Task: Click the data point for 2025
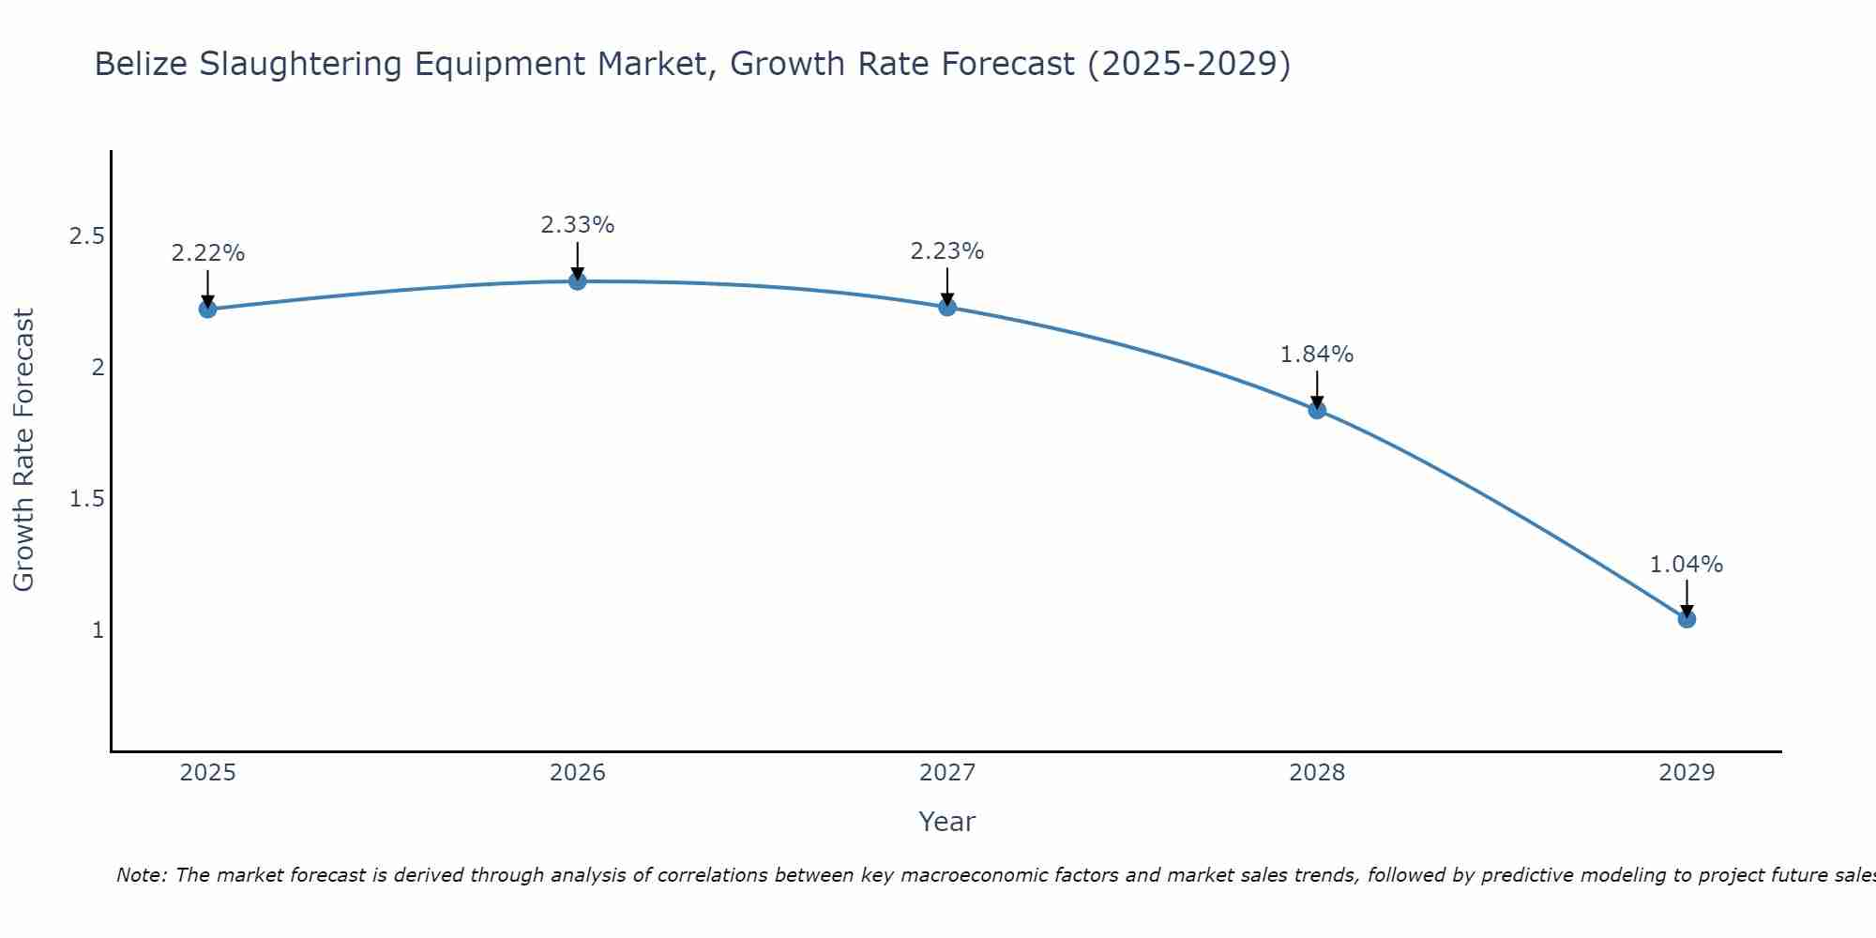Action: (x=208, y=309)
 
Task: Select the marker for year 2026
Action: (x=578, y=280)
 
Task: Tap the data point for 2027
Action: (x=947, y=307)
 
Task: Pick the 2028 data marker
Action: (x=1317, y=409)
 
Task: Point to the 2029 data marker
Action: (x=1687, y=619)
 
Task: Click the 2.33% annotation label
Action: (x=578, y=225)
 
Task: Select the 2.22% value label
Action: (x=208, y=253)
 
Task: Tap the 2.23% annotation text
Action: (x=947, y=251)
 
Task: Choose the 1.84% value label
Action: (x=1317, y=355)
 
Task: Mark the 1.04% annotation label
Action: (x=1687, y=565)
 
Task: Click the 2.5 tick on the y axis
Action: (x=86, y=235)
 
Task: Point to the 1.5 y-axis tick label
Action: (x=86, y=498)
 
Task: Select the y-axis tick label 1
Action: (x=98, y=629)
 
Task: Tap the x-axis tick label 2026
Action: (x=578, y=773)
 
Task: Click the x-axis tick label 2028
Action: (x=1317, y=773)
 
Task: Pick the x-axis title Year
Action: (x=947, y=822)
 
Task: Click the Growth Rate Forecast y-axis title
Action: (x=23, y=450)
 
